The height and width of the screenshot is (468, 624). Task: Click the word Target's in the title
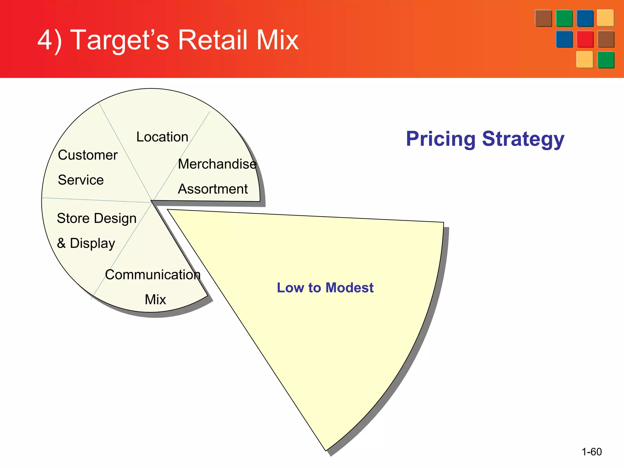point(119,40)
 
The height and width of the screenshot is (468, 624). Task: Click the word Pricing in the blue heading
point(440,139)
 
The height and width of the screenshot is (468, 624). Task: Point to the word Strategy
point(523,139)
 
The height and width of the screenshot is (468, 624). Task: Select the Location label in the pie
point(162,137)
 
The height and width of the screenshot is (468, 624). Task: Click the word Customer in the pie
point(88,155)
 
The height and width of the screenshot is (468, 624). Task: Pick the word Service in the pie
point(81,180)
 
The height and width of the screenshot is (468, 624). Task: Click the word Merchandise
point(217,164)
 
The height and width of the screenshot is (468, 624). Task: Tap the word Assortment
point(213,189)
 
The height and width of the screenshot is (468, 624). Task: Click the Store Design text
point(97,218)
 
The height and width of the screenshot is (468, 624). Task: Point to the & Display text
point(86,243)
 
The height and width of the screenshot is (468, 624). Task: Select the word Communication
point(153,275)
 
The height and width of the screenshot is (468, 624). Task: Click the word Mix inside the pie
point(155,300)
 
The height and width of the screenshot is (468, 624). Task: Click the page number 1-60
point(591,452)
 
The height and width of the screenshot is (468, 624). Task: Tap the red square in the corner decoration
point(585,39)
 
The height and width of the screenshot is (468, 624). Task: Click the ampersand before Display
point(61,243)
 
